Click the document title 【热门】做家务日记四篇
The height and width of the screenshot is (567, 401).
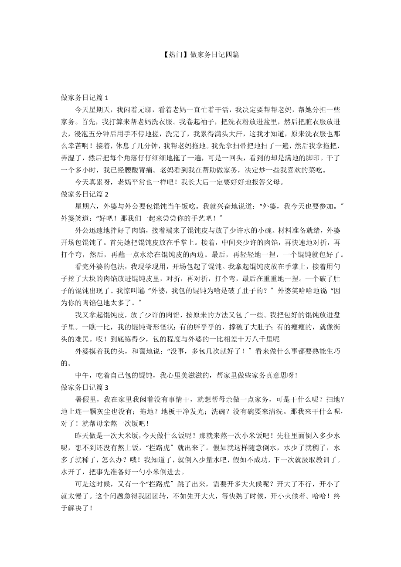[x=200, y=55]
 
